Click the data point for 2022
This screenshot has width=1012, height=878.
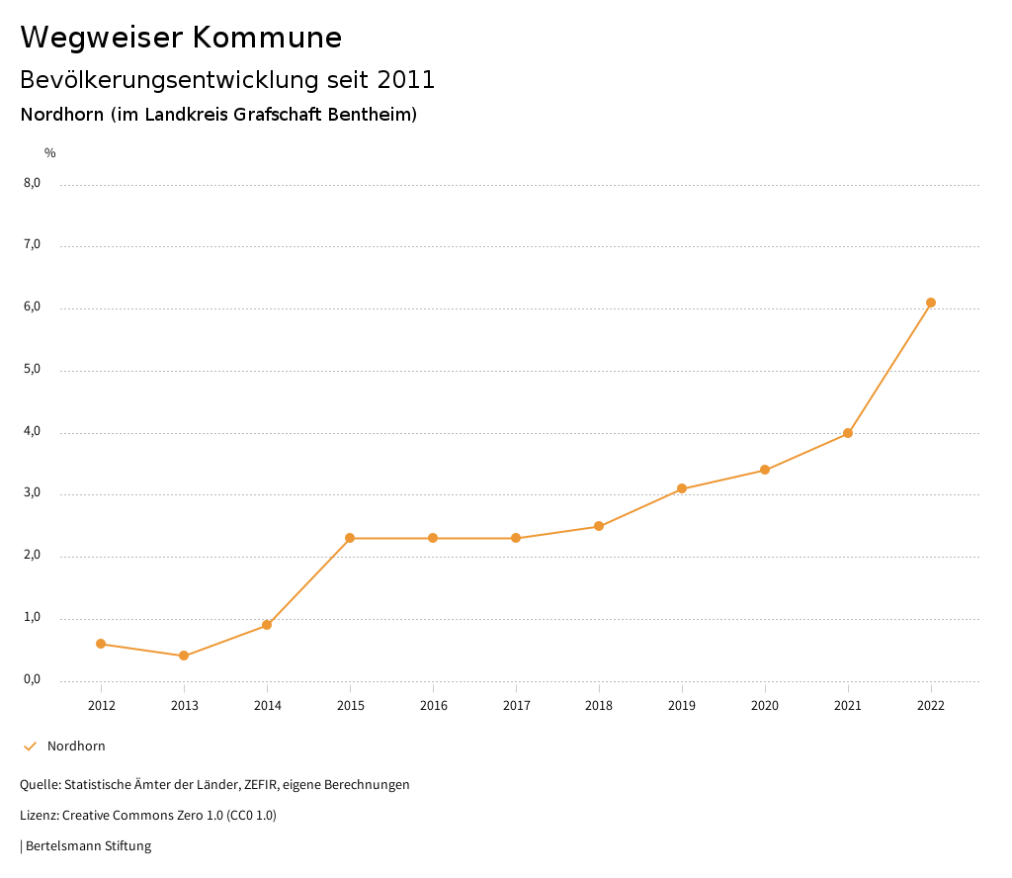931,303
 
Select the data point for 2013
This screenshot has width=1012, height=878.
184,656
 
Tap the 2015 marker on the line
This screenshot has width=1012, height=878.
350,538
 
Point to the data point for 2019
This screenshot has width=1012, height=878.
682,488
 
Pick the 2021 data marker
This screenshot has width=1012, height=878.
848,433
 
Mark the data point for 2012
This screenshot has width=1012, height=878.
101,644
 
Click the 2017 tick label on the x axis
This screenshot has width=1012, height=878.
516,706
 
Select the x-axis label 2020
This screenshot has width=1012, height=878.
765,706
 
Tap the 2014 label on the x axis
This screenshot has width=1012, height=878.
267,706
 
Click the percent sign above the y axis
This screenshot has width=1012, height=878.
50,153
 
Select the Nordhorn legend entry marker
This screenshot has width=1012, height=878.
30,746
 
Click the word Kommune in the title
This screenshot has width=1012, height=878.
268,38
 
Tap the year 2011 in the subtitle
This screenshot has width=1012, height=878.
406,80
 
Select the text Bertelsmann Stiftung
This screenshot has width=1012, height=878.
88,846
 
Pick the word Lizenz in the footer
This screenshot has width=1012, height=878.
38,816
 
